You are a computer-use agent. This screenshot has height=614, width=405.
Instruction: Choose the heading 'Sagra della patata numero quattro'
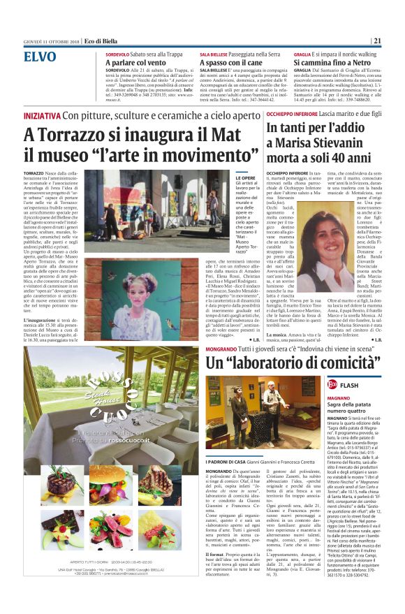[355, 407]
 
